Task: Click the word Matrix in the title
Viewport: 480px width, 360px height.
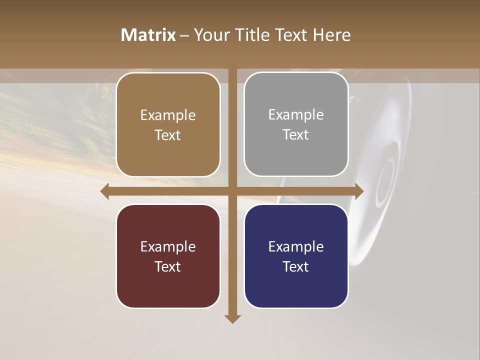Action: click(x=148, y=35)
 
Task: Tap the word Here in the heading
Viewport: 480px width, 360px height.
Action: click(x=331, y=35)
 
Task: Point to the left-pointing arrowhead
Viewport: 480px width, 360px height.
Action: click(x=105, y=191)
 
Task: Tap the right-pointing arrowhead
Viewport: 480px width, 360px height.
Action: click(x=359, y=191)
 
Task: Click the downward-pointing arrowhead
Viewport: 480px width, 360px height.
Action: click(x=232, y=318)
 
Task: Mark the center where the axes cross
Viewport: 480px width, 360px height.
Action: click(x=232, y=191)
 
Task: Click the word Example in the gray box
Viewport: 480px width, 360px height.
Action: click(x=296, y=114)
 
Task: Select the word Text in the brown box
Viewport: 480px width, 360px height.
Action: click(x=168, y=135)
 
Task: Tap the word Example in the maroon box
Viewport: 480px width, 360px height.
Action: click(x=168, y=246)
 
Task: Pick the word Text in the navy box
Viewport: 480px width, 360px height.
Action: click(x=296, y=266)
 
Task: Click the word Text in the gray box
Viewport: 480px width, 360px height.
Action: click(x=296, y=134)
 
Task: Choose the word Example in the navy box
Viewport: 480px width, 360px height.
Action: click(x=296, y=246)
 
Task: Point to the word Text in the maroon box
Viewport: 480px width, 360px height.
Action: click(x=168, y=266)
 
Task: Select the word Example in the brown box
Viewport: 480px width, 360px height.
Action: click(x=168, y=115)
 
